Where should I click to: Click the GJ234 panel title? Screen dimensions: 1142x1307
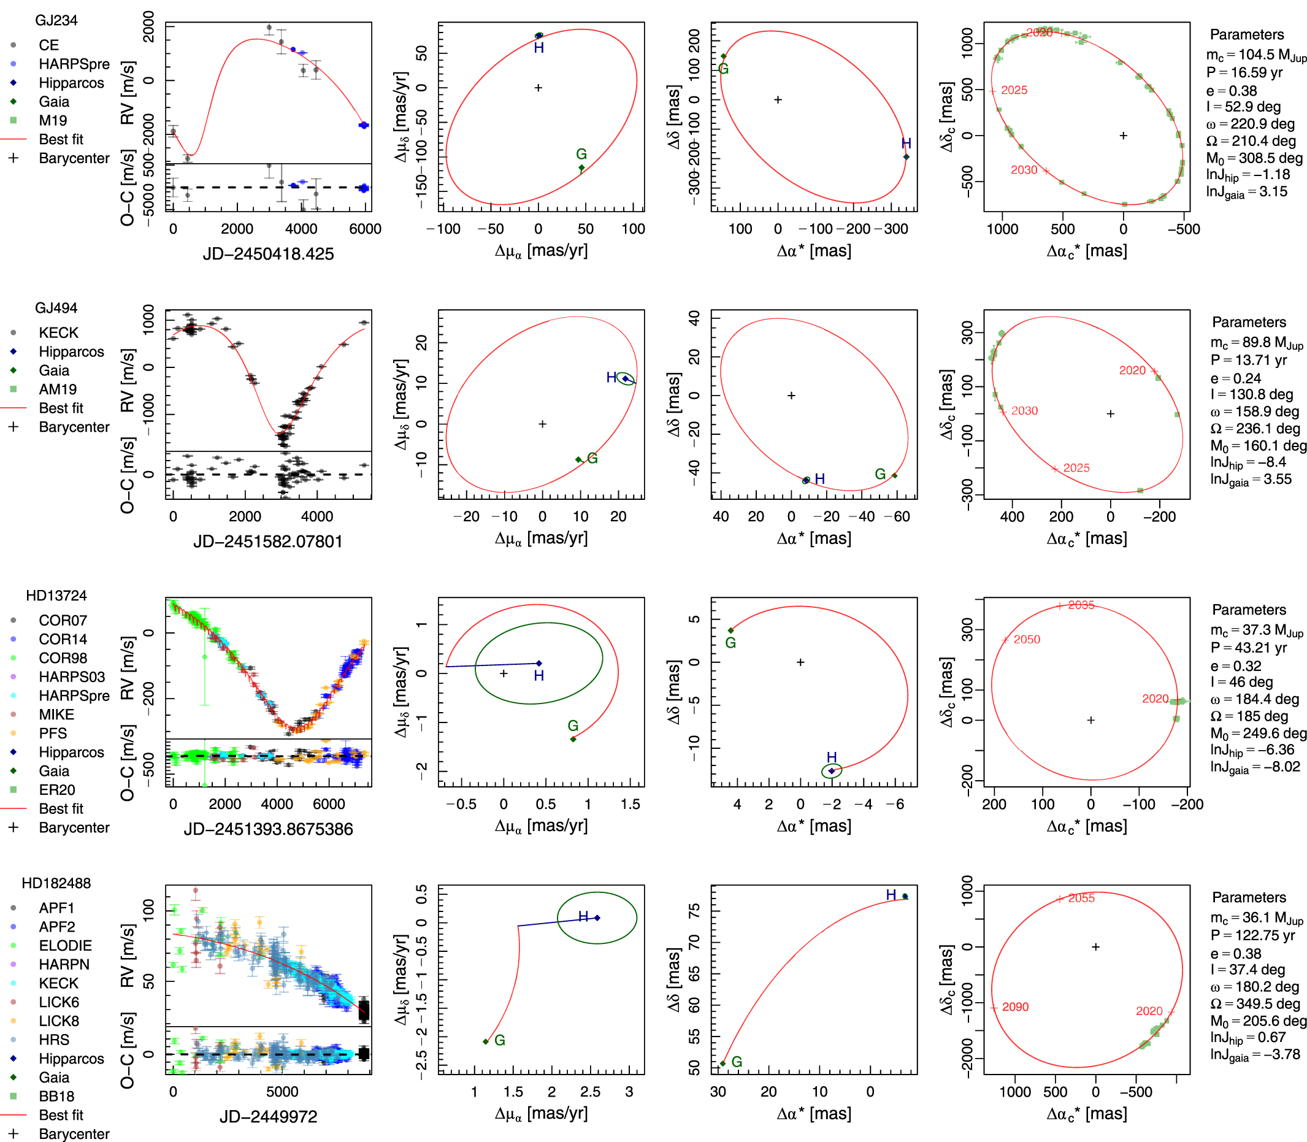[x=56, y=20]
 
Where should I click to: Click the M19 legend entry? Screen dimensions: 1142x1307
[x=53, y=121]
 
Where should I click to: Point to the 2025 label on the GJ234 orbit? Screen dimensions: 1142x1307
[x=1013, y=91]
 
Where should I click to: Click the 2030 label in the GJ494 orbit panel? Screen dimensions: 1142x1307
[x=1024, y=411]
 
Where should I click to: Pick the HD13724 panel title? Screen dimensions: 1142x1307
[x=56, y=596]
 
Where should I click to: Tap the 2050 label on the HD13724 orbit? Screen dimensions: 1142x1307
[x=1026, y=639]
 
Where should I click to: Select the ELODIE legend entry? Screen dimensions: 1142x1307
[x=65, y=946]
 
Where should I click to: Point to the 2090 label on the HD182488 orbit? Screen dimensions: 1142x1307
[x=1014, y=1007]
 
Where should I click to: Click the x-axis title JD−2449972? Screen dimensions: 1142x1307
[x=268, y=1116]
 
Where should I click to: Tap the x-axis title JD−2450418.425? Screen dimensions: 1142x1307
[x=268, y=255]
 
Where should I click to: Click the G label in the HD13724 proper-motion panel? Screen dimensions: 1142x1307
[x=573, y=726]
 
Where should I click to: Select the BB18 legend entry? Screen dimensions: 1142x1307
[x=56, y=1096]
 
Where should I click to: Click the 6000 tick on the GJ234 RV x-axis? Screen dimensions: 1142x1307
[x=365, y=229]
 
